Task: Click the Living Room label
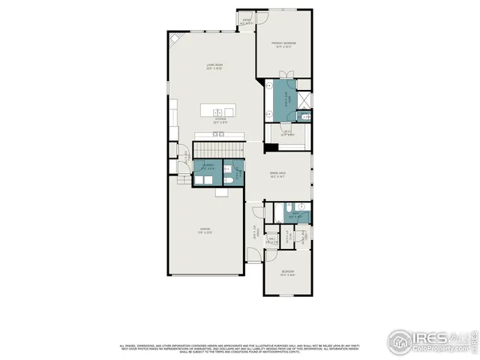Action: point(216,67)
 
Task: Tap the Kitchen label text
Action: point(220,120)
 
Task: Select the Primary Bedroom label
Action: point(284,45)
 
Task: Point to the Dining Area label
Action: point(277,176)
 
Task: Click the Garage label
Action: point(205,230)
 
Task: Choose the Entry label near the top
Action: point(246,22)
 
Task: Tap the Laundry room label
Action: point(208,166)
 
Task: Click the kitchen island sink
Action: point(220,112)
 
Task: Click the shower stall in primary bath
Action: point(304,100)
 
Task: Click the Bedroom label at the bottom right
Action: point(288,272)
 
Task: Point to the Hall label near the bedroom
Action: point(255,233)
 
